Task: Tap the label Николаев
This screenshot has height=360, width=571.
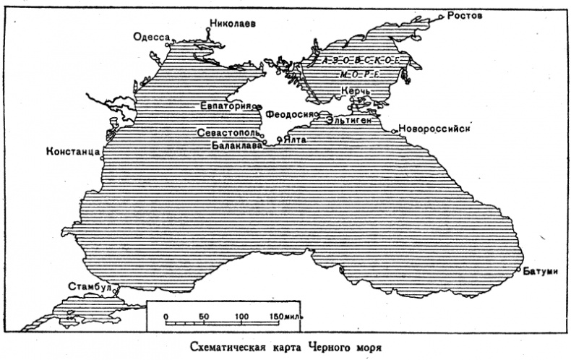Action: [232, 22]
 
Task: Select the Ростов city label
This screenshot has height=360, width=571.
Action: [465, 15]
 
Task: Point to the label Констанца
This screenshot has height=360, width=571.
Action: [72, 152]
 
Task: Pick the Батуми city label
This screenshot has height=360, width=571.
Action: [541, 270]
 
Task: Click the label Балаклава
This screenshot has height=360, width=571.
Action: [236, 145]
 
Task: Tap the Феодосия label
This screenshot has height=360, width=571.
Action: [288, 114]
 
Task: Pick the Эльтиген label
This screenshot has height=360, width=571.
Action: [348, 120]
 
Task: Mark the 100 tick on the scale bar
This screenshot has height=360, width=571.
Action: [241, 317]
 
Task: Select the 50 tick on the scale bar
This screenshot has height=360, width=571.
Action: [204, 317]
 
